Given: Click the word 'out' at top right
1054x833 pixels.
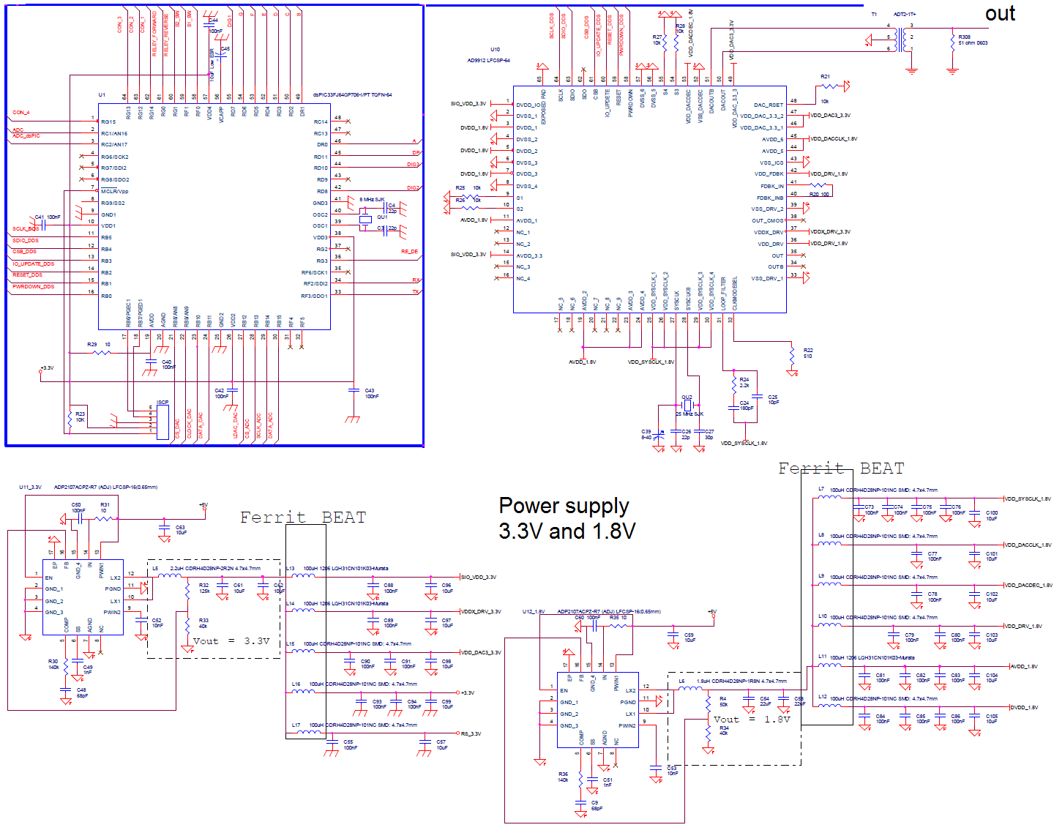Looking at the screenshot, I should pos(1000,14).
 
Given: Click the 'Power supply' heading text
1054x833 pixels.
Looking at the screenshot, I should pos(564,506).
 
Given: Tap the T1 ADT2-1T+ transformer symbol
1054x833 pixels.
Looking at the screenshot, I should pos(907,38).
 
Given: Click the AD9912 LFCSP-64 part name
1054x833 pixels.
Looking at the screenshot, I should pos(488,60).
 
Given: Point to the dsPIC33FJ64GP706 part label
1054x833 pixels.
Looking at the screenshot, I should pos(352,94).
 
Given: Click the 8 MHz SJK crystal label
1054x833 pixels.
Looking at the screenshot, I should pos(372,199).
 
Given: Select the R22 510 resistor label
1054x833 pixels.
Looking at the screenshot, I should pos(807,353).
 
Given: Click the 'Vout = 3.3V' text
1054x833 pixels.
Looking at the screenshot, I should pos(231,641).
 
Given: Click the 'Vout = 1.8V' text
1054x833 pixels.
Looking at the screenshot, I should pos(752,720).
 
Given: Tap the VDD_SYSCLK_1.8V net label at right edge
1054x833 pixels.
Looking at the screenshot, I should pos(1027,498).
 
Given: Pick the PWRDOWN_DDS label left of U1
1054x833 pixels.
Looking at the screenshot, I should pos(33,286).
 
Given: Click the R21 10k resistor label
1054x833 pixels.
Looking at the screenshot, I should pos(825,77).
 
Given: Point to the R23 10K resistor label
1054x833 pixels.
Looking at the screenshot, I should pos(80,417).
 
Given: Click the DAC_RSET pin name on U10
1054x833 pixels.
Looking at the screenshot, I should pos(768,105).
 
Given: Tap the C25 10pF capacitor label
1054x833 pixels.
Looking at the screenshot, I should pos(773,400).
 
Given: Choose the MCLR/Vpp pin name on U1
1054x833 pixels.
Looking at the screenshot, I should pos(115,191).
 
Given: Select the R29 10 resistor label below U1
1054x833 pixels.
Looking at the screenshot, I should pos(98,344).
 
